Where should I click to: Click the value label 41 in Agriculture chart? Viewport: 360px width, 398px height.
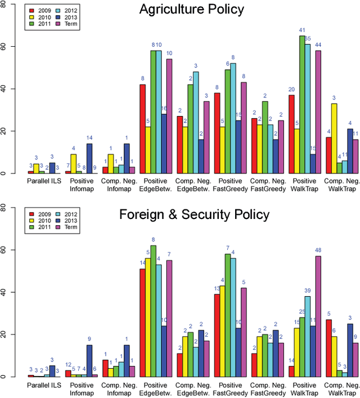pos(302,30)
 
